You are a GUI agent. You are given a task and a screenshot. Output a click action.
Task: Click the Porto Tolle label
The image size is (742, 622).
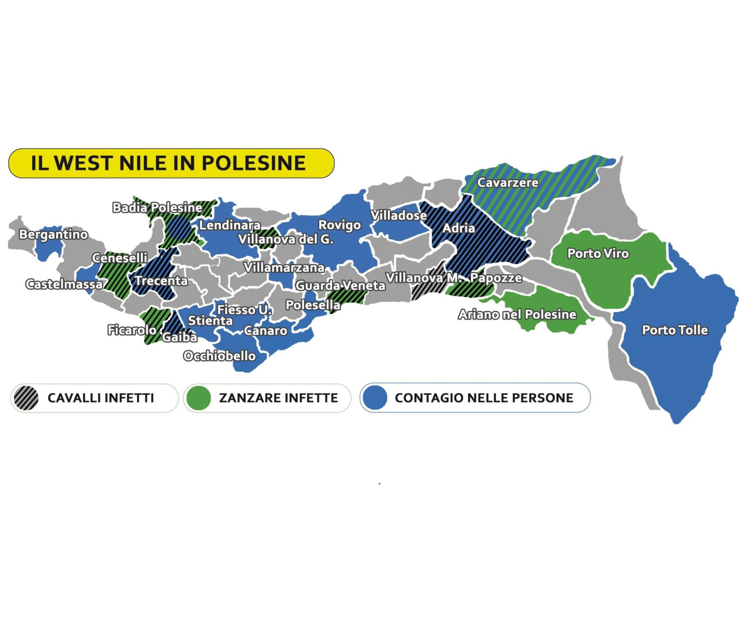[675, 330]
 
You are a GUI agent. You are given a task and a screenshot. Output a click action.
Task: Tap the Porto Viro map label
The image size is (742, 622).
[598, 254]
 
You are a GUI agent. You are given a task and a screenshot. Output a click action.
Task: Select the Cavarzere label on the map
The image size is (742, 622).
[508, 183]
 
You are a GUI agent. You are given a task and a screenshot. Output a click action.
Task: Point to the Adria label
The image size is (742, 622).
[458, 228]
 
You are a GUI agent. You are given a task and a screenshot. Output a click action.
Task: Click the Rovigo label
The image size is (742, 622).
[339, 225]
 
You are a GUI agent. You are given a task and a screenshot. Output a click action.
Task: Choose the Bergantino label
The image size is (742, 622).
[53, 235]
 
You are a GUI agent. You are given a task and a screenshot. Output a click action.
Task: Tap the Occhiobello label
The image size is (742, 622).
[219, 356]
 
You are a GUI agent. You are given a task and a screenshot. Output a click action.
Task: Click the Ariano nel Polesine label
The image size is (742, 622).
[517, 314]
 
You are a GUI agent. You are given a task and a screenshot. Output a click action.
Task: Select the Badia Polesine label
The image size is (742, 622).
[157, 208]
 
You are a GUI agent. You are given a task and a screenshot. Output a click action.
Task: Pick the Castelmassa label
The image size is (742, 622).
[64, 284]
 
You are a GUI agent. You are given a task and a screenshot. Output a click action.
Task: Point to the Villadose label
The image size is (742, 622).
[398, 216]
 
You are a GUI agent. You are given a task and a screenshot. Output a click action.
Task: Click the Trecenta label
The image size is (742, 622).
[161, 281]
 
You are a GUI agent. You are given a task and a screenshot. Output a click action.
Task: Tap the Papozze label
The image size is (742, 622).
[496, 278]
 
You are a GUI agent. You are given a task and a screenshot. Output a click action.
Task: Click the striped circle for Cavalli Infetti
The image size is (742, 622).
[26, 398]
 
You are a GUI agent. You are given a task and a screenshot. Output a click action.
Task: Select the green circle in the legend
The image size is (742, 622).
[198, 398]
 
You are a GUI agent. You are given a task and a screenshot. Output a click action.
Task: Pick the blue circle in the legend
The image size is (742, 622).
[374, 398]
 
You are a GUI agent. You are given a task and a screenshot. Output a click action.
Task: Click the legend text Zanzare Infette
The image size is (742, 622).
[278, 398]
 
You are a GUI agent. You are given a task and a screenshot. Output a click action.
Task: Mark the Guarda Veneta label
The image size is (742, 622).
[340, 286]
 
